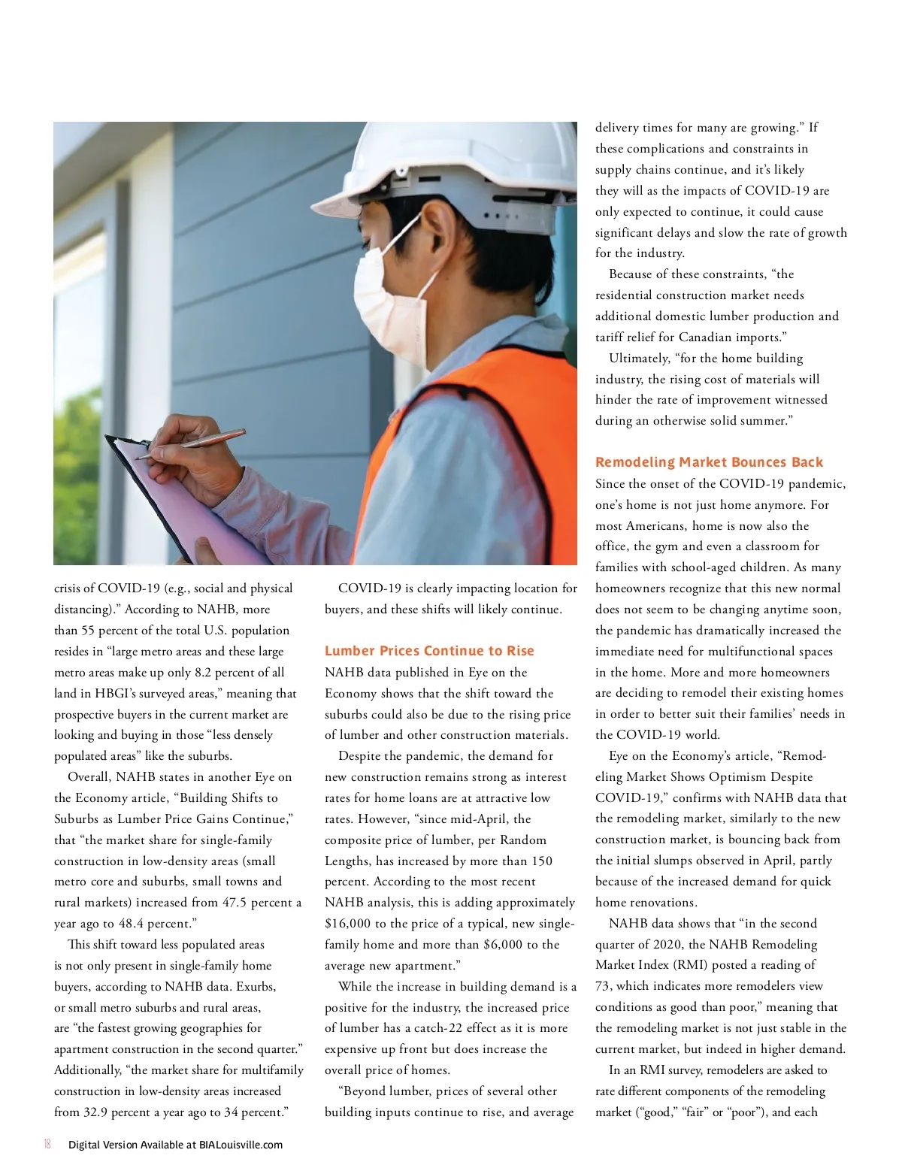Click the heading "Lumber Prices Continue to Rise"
429,651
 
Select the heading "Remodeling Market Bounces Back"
709,462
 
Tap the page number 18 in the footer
47,1145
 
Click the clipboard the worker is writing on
188,504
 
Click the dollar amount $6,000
497,945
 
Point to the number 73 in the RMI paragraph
604,986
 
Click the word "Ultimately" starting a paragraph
639,359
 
